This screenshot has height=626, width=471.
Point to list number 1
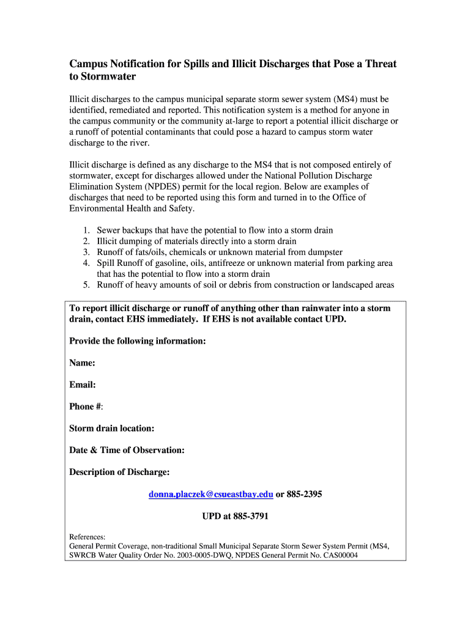(86, 230)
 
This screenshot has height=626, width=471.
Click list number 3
(86, 252)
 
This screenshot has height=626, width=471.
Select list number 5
(86, 284)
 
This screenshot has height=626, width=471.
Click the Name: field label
(82, 363)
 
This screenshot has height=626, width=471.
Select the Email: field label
(82, 385)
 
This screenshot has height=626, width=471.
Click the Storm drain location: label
(111, 429)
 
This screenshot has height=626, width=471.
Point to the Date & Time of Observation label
(127, 451)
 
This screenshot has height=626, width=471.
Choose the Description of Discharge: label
(119, 473)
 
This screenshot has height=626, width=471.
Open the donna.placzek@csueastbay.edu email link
(211, 495)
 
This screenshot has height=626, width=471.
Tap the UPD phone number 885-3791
(250, 517)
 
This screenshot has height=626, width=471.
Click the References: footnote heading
(87, 537)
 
